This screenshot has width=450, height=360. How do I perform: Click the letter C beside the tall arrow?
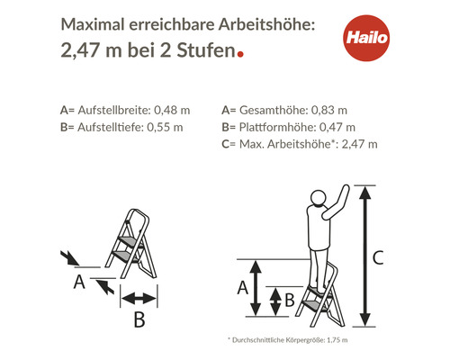tap(378, 258)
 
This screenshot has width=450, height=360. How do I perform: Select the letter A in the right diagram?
tap(241, 288)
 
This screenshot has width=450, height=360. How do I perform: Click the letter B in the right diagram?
tap(289, 301)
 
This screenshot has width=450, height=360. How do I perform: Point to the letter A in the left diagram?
tap(79, 282)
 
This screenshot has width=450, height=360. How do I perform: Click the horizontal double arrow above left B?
tap(139, 299)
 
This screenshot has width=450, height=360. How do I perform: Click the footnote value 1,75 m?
tap(335, 339)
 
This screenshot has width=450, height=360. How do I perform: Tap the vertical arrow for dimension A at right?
tap(256, 288)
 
